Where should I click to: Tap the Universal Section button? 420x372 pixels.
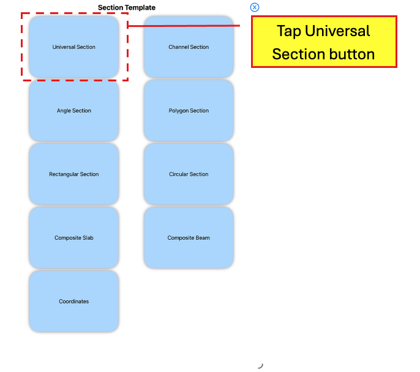pyautogui.click(x=74, y=47)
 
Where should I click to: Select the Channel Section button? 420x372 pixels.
pyautogui.click(x=189, y=47)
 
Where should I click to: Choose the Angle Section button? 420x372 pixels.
pyautogui.click(x=74, y=111)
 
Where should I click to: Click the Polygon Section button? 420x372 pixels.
pyautogui.click(x=189, y=111)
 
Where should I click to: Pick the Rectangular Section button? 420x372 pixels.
pyautogui.click(x=74, y=174)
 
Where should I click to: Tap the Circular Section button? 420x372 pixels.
pyautogui.click(x=189, y=174)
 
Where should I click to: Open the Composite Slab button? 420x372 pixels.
pyautogui.click(x=74, y=237)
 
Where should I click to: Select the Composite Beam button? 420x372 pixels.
pyautogui.click(x=189, y=237)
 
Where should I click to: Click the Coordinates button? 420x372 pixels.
pyautogui.click(x=74, y=302)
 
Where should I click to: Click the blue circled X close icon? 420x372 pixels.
pyautogui.click(x=255, y=7)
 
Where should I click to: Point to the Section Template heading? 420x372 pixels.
pyautogui.click(x=126, y=7)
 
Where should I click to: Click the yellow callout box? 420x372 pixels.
pyautogui.click(x=324, y=42)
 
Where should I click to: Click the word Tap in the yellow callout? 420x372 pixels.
pyautogui.click(x=289, y=31)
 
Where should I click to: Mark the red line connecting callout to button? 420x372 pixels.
pyautogui.click(x=184, y=26)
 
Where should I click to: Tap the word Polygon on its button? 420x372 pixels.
pyautogui.click(x=178, y=111)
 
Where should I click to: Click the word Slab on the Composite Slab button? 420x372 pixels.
pyautogui.click(x=88, y=237)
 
